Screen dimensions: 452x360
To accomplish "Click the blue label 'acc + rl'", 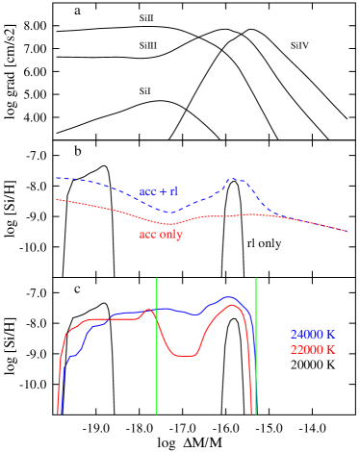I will pyautogui.click(x=159, y=191).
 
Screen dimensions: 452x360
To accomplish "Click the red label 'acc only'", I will pyautogui.click(x=161, y=234).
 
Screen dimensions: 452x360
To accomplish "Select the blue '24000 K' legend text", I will pyautogui.click(x=312, y=335).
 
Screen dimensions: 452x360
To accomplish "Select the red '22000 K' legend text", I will pyautogui.click(x=312, y=350).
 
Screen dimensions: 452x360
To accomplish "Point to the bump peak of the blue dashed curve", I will pyautogui.click(x=235, y=179).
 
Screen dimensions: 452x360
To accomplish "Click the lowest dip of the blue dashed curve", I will pyautogui.click(x=169, y=212).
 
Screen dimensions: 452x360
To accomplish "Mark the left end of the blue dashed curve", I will pyautogui.click(x=56, y=177).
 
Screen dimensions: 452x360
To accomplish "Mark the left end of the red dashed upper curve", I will pyautogui.click(x=56, y=199).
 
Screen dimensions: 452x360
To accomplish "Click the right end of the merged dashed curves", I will pyautogui.click(x=347, y=231).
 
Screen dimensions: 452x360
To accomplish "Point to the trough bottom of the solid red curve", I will pyautogui.click(x=183, y=356).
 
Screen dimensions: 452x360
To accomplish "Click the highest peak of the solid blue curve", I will pyautogui.click(x=229, y=297).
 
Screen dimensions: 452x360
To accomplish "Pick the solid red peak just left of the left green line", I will pyautogui.click(x=149, y=310).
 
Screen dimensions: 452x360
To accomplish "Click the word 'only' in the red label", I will pyautogui.click(x=170, y=234).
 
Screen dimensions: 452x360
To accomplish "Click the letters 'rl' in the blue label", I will pyautogui.click(x=173, y=191).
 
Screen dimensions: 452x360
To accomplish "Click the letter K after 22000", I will pyautogui.click(x=330, y=350).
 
